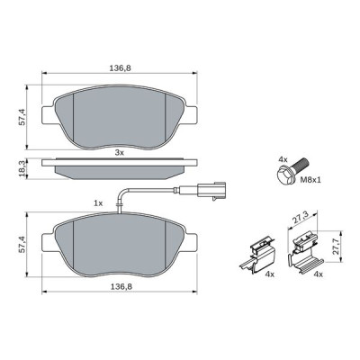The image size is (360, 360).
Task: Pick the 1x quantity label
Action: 98,203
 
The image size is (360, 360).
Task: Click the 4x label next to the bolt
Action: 283,159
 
